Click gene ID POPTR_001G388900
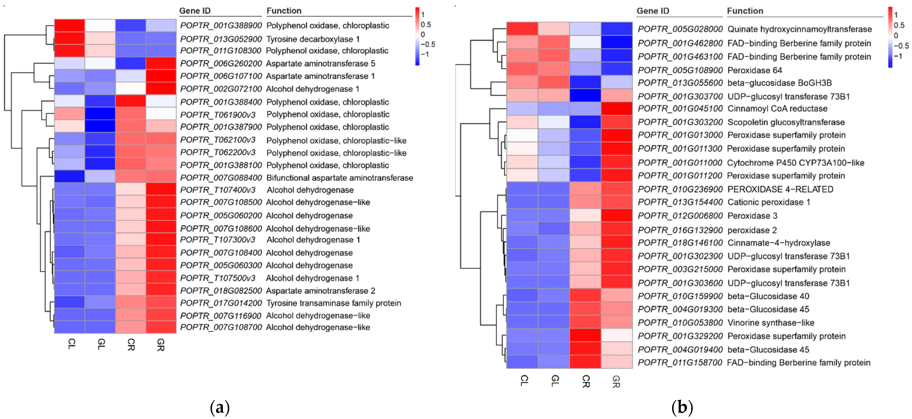[x=221, y=26]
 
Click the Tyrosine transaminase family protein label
[x=334, y=303]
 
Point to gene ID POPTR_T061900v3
[x=218, y=114]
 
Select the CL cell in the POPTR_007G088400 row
[x=70, y=176]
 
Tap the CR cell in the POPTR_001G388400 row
[x=131, y=101]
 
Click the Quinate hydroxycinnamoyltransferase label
[x=799, y=29]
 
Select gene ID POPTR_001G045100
[x=680, y=108]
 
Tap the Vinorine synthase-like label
[x=771, y=323]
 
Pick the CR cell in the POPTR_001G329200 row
[x=585, y=335]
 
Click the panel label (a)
[x=219, y=408]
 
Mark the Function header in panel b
[x=745, y=11]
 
